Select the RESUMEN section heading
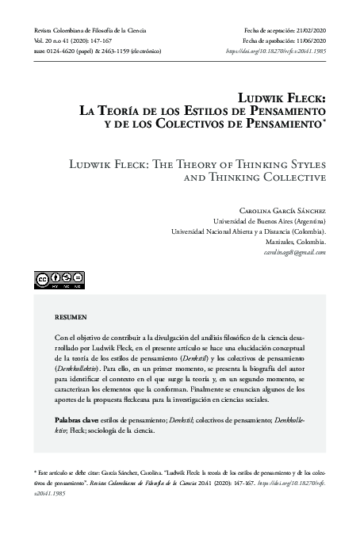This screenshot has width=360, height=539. (70, 317)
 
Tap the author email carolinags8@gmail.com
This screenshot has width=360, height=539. (295, 252)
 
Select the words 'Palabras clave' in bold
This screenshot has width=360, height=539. (70, 419)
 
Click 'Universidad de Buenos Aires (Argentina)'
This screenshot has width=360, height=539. (270, 222)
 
